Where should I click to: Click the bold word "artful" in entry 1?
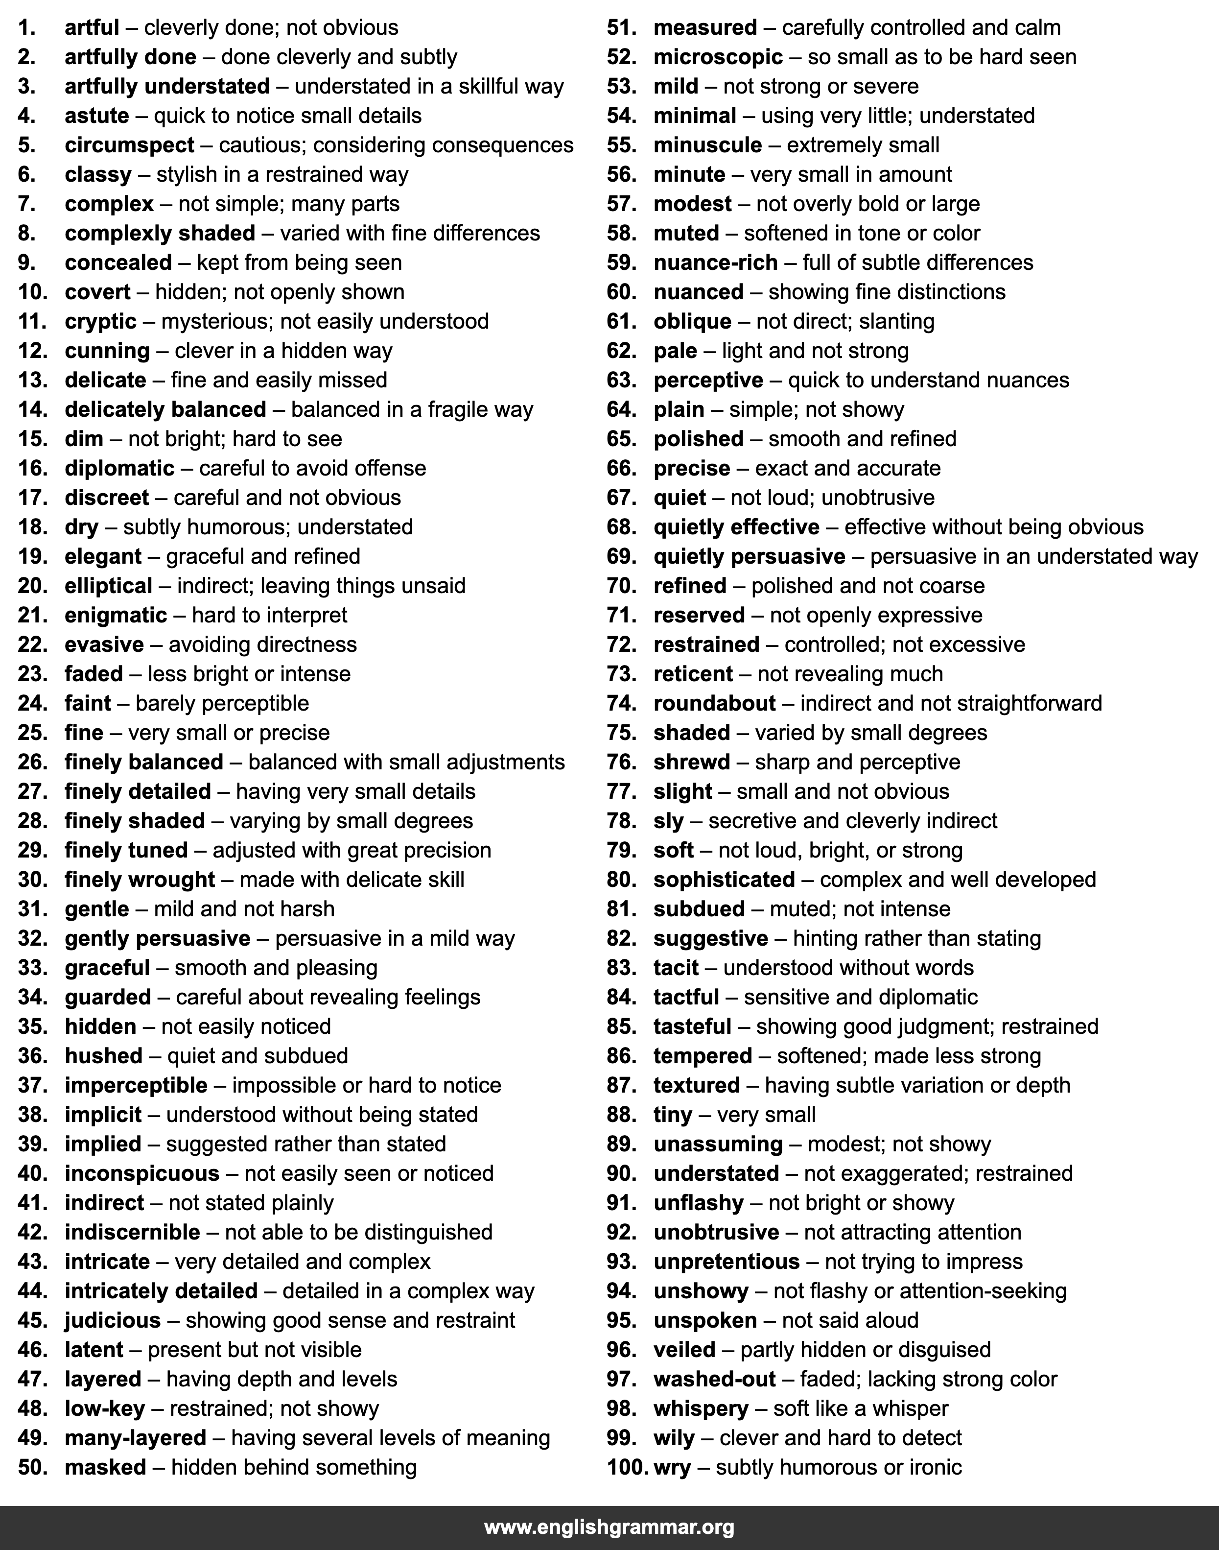coord(92,28)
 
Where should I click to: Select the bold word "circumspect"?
coord(129,145)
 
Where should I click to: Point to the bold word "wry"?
coord(672,1467)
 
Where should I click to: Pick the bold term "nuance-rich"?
coord(715,262)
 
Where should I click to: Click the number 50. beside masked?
coord(32,1467)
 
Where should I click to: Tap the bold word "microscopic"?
coord(718,57)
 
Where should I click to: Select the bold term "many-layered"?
coord(135,1437)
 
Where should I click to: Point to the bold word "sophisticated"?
coord(724,880)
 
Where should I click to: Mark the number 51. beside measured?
coord(622,28)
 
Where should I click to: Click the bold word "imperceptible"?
coord(136,1085)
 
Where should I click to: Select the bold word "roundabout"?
coord(714,703)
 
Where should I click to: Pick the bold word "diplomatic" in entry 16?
coord(119,468)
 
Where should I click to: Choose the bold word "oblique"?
coord(692,321)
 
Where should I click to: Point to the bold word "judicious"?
coord(113,1320)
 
